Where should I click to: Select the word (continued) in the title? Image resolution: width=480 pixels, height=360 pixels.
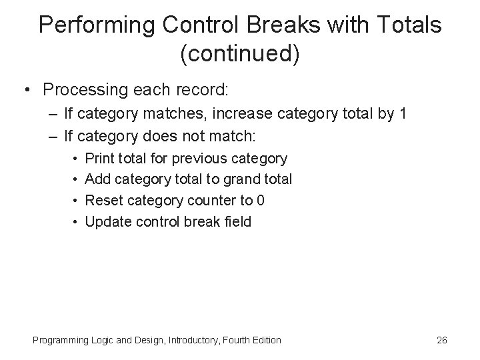[x=240, y=54]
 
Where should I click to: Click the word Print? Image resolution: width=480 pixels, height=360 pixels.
[x=99, y=159]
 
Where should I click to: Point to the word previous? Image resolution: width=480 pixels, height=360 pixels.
[x=199, y=159]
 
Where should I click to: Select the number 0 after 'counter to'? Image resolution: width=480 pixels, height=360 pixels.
[x=262, y=200]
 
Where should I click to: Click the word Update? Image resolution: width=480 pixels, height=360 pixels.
[x=106, y=221]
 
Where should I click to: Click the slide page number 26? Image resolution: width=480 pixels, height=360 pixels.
[x=441, y=341]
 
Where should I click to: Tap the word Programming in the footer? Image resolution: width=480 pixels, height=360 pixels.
[x=60, y=341]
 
